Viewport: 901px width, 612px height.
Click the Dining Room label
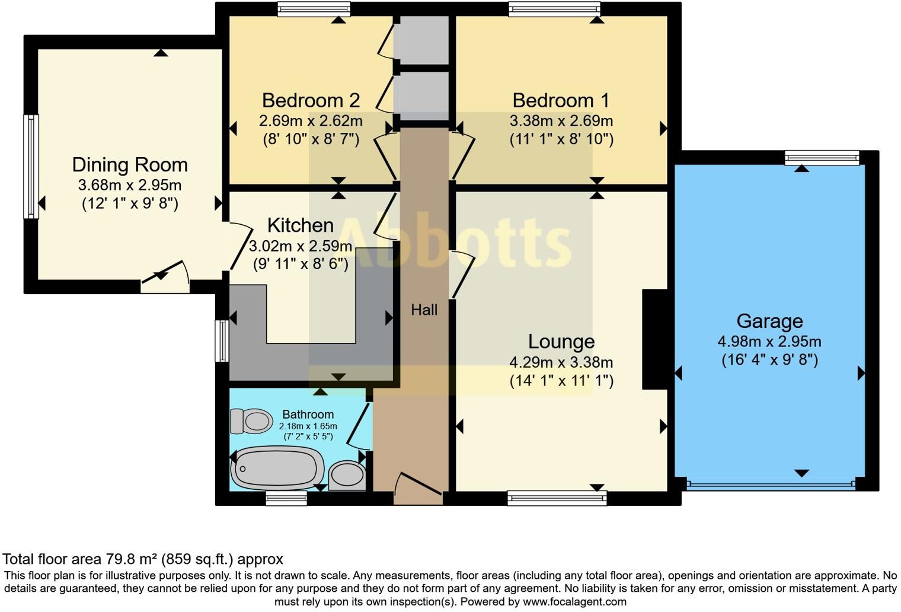pyautogui.click(x=130, y=165)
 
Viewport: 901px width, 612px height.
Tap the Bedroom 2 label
pyautogui.click(x=311, y=100)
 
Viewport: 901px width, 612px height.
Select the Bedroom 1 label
pyautogui.click(x=561, y=100)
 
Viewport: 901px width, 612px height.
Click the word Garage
pyautogui.click(x=769, y=321)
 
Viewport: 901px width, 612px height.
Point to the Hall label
pyautogui.click(x=424, y=310)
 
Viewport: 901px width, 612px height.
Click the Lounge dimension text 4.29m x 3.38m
pyautogui.click(x=561, y=362)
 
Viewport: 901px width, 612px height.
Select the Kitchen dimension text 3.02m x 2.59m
pyautogui.click(x=300, y=246)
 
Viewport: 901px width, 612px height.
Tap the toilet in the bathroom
pyautogui.click(x=251, y=421)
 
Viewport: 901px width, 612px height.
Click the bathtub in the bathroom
pyautogui.click(x=277, y=468)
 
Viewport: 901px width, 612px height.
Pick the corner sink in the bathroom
pyautogui.click(x=347, y=475)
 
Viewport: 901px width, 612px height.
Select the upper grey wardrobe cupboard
pyautogui.click(x=421, y=40)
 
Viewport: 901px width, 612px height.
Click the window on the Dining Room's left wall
pyautogui.click(x=31, y=167)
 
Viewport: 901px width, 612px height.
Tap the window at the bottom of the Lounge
pyautogui.click(x=557, y=498)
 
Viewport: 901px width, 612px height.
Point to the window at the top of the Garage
pyautogui.click(x=822, y=157)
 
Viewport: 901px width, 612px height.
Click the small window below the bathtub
pyautogui.click(x=286, y=498)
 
